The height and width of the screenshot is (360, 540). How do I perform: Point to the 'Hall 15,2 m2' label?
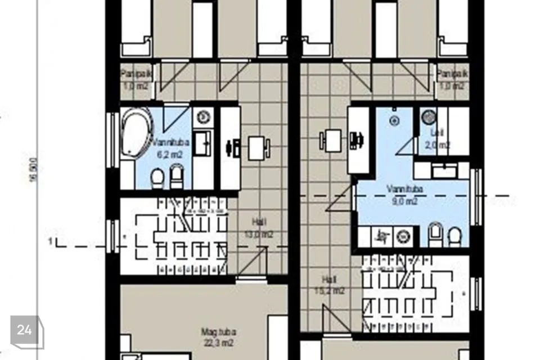[x=329, y=285]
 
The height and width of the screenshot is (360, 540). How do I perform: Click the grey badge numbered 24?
[x=24, y=331]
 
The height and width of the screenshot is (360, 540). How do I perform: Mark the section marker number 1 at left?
[x=50, y=242]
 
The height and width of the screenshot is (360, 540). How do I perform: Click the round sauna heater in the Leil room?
[x=429, y=116]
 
